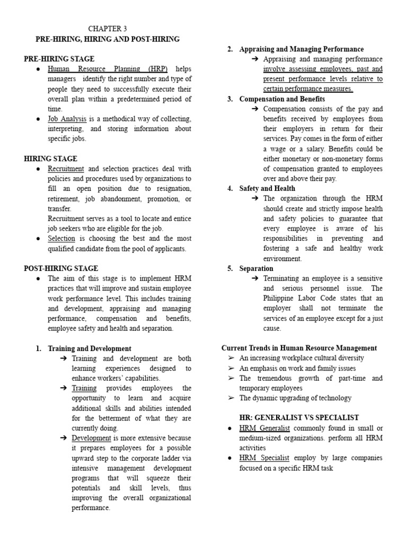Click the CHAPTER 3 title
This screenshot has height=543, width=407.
click(107, 29)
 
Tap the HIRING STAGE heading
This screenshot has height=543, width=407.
click(51, 159)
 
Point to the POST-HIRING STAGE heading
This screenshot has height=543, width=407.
click(61, 268)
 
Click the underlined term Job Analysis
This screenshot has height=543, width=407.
click(67, 119)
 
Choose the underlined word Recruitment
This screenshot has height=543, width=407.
click(66, 169)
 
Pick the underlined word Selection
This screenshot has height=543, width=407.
click(61, 239)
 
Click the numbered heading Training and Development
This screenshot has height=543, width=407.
click(90, 348)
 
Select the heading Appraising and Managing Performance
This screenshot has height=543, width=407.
click(302, 49)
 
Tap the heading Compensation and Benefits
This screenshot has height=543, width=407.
click(282, 99)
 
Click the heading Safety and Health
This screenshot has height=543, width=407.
click(267, 188)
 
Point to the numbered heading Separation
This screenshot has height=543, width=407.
click(256, 268)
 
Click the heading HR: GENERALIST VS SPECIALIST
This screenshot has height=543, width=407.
click(299, 418)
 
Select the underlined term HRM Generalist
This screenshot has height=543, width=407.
click(264, 428)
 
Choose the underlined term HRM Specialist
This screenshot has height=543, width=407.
click(264, 458)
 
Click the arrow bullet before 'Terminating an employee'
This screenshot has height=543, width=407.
click(255, 278)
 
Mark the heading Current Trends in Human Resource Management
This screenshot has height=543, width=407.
click(299, 348)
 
